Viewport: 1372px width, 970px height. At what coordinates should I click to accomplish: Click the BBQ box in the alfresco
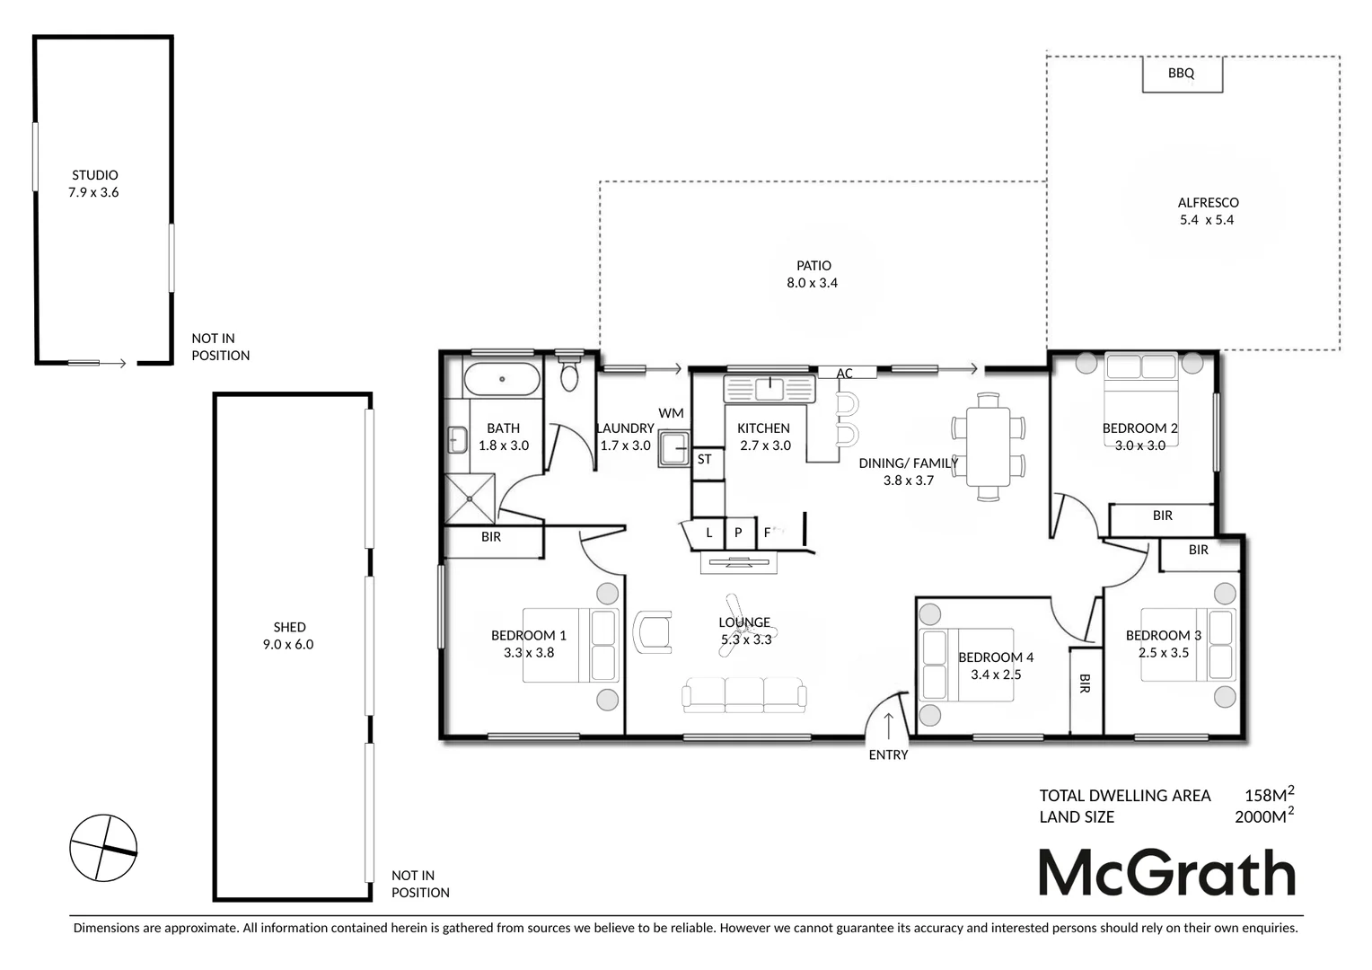(x=1182, y=74)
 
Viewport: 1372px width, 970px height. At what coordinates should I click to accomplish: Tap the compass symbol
(x=103, y=848)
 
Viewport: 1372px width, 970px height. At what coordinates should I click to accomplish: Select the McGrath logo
(x=1166, y=872)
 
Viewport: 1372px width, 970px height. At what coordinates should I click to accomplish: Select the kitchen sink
(x=770, y=389)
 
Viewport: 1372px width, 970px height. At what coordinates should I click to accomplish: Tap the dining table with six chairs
(x=988, y=446)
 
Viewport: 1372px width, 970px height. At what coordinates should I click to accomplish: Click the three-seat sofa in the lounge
(x=743, y=695)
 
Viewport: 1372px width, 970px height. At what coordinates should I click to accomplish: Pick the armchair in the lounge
(x=653, y=631)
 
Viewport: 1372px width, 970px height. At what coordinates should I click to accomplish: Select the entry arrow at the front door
(x=888, y=725)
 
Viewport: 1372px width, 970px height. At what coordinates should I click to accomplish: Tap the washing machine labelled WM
(x=673, y=448)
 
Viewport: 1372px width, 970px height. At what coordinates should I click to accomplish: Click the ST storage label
(x=705, y=459)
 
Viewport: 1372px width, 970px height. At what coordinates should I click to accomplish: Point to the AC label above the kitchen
(x=844, y=374)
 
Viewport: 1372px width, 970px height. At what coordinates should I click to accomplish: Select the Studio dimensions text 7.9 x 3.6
(x=93, y=192)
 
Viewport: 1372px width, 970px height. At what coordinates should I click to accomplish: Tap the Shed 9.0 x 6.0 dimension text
(x=288, y=644)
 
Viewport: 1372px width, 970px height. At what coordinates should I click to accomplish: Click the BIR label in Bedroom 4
(x=1085, y=683)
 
